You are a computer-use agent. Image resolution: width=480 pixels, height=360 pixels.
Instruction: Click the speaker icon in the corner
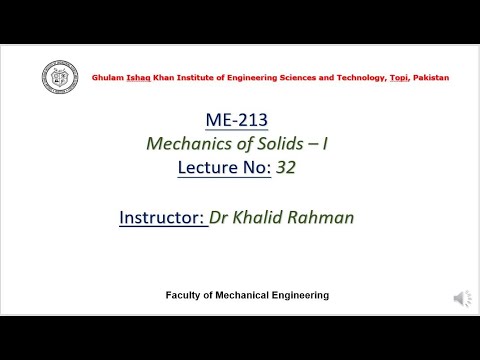(462, 298)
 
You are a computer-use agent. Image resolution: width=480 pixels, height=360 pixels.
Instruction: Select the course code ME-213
(237, 120)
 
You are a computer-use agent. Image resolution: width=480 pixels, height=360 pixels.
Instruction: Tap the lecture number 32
(286, 168)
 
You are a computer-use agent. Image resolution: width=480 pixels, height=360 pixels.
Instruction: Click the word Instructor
(161, 217)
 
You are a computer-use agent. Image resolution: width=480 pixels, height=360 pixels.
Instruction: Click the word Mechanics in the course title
(189, 144)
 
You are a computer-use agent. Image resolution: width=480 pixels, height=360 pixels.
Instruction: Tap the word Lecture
(204, 168)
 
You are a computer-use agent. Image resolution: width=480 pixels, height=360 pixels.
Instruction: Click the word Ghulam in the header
(109, 78)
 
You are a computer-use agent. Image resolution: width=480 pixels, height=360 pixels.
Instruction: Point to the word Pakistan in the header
(430, 78)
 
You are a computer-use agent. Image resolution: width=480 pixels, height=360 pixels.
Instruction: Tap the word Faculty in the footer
(185, 296)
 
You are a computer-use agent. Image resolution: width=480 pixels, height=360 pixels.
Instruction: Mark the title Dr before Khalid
(221, 217)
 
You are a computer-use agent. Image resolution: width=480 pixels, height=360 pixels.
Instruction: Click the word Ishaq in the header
(140, 78)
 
